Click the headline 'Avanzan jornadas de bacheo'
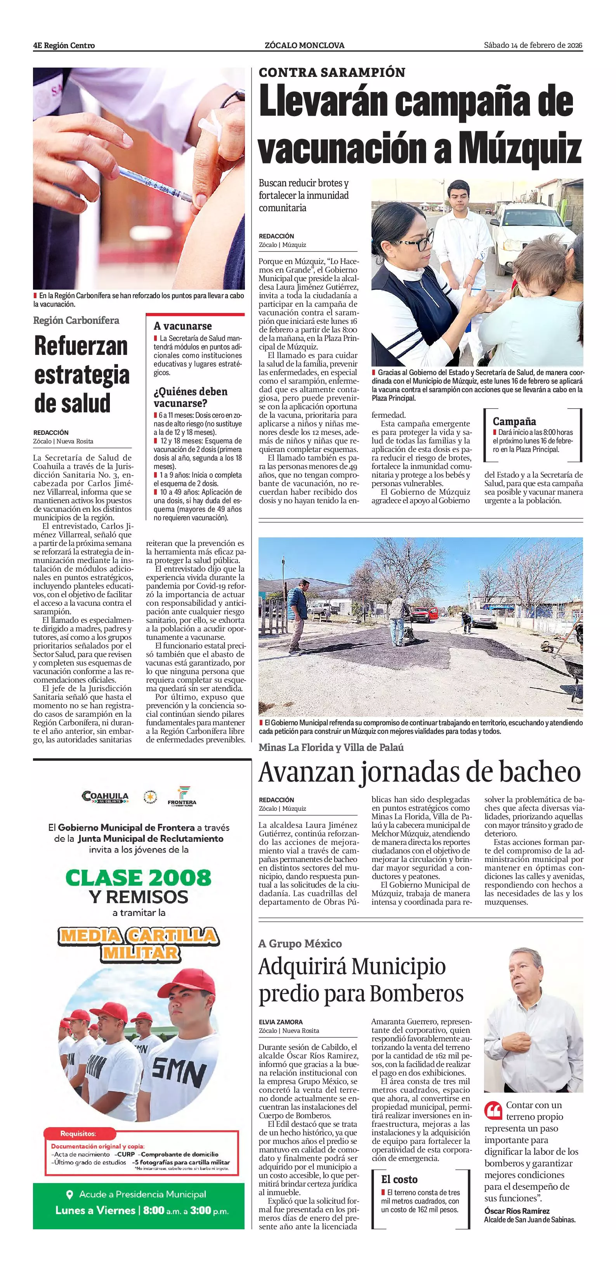420,772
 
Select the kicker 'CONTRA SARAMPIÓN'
332,73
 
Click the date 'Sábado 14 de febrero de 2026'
533,45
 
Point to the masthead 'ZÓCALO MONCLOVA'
305,45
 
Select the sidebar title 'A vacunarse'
183,326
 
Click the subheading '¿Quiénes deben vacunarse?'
191,397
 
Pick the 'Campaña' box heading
514,421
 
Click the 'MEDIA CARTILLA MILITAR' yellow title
138,944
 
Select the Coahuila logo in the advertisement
105,796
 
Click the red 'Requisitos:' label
78,1134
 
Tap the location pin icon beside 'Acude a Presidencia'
69,1194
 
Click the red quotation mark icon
493,1111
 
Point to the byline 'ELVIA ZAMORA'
280,1022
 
